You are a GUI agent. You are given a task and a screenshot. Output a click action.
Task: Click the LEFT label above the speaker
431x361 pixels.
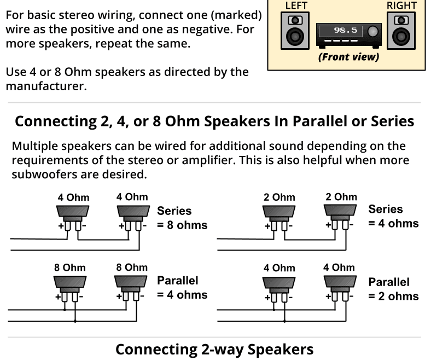tap(296, 5)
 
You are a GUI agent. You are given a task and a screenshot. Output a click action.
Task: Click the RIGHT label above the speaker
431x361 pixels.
tap(401, 5)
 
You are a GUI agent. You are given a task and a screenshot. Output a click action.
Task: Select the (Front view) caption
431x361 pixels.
tap(348, 57)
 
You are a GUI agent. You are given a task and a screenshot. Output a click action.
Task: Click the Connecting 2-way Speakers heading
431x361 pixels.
tap(214, 350)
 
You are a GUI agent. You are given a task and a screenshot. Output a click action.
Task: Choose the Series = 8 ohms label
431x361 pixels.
tap(182, 218)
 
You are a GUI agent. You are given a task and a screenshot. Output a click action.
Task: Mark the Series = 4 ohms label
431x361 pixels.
tap(393, 217)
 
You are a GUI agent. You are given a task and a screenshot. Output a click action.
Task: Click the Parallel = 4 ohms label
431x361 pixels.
tap(182, 288)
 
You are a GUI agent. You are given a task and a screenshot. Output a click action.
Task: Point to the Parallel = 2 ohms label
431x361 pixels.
tap(393, 289)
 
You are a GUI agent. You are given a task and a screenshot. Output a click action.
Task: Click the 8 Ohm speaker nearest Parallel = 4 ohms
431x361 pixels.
tap(132, 284)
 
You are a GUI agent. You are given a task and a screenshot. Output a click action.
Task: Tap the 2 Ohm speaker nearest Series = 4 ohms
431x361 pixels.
tap(340, 214)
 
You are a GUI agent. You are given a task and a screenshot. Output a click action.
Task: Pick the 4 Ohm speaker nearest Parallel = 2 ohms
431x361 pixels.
tap(340, 284)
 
